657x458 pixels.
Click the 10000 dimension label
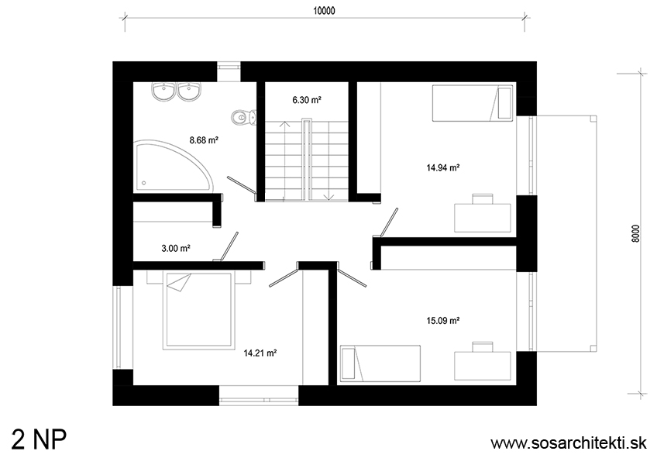[324, 11]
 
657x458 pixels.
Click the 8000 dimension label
[635, 234]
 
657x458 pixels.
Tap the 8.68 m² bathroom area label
[204, 140]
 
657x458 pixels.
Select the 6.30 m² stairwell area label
[307, 100]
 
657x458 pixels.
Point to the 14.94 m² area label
[443, 168]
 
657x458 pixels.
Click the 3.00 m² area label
[176, 249]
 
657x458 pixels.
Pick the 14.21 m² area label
[260, 353]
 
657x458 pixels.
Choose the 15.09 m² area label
[443, 321]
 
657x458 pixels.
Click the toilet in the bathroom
[243, 117]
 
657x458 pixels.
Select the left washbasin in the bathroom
[163, 91]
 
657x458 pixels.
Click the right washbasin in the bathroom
[189, 91]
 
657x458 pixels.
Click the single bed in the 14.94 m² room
[473, 103]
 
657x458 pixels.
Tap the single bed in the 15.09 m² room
[380, 363]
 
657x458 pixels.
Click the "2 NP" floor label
[39, 440]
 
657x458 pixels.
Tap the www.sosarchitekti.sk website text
[569, 443]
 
